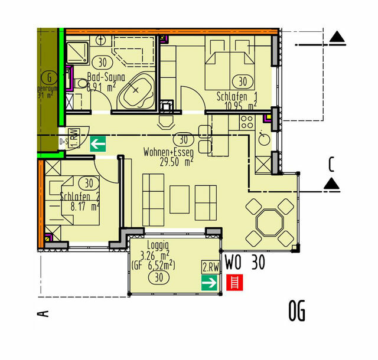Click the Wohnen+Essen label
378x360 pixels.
click(168, 152)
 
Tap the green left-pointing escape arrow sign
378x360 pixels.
click(97, 143)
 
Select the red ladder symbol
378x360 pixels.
click(235, 284)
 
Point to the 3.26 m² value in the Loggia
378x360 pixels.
click(153, 255)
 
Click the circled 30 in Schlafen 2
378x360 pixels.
click(90, 184)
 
